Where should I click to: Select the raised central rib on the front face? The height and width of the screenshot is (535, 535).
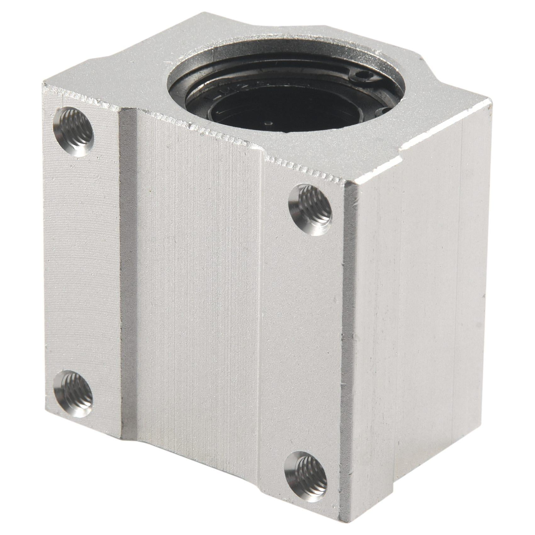coord(192,283)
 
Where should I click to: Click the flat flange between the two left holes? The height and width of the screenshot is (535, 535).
coord(82,261)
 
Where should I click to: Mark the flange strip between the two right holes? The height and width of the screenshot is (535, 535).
coord(302,340)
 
